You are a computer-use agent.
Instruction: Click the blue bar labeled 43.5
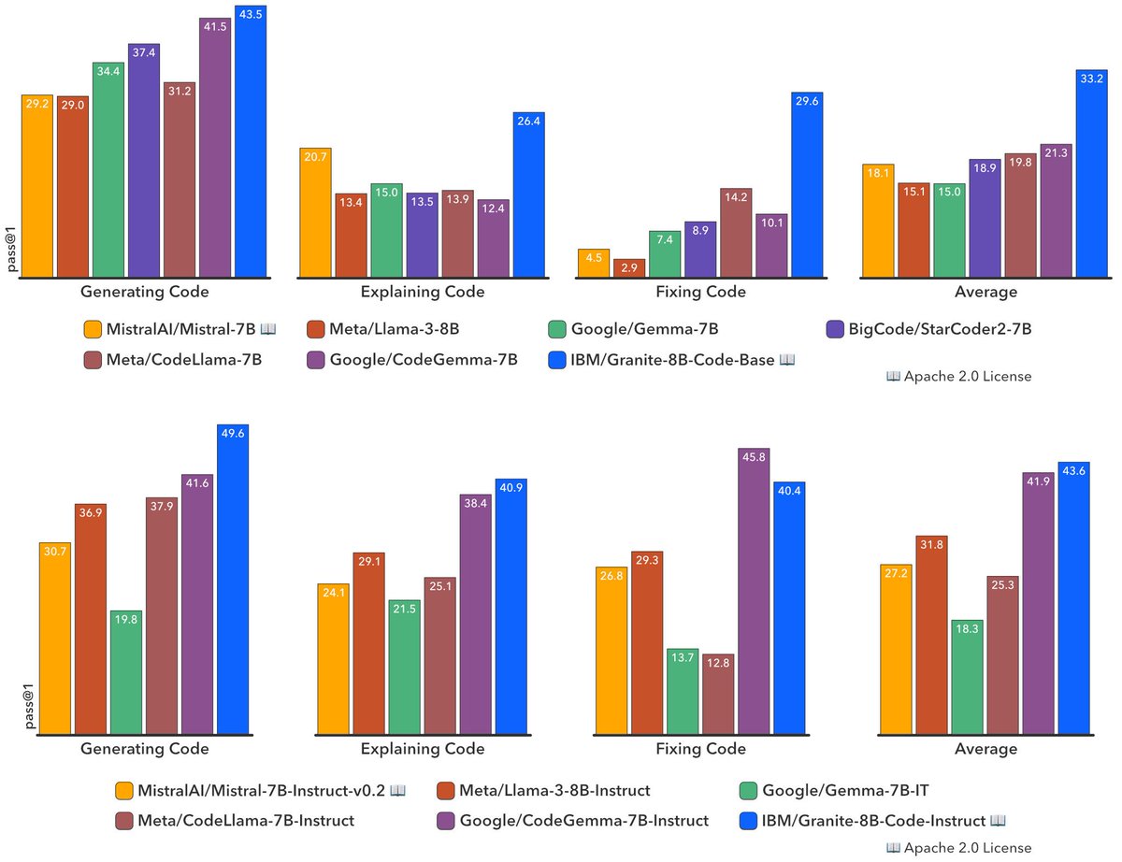[251, 140]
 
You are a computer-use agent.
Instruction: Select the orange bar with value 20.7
[315, 213]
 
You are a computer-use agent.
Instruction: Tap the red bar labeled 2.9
[629, 268]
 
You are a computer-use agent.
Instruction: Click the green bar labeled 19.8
[126, 673]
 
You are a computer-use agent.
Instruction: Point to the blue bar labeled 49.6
[233, 580]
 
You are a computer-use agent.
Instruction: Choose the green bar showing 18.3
[966, 678]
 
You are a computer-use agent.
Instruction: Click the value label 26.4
[528, 120]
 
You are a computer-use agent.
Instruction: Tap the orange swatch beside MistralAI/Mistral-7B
[92, 329]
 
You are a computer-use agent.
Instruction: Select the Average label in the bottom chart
[986, 749]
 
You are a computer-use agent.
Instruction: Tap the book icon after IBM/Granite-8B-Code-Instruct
[998, 821]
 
